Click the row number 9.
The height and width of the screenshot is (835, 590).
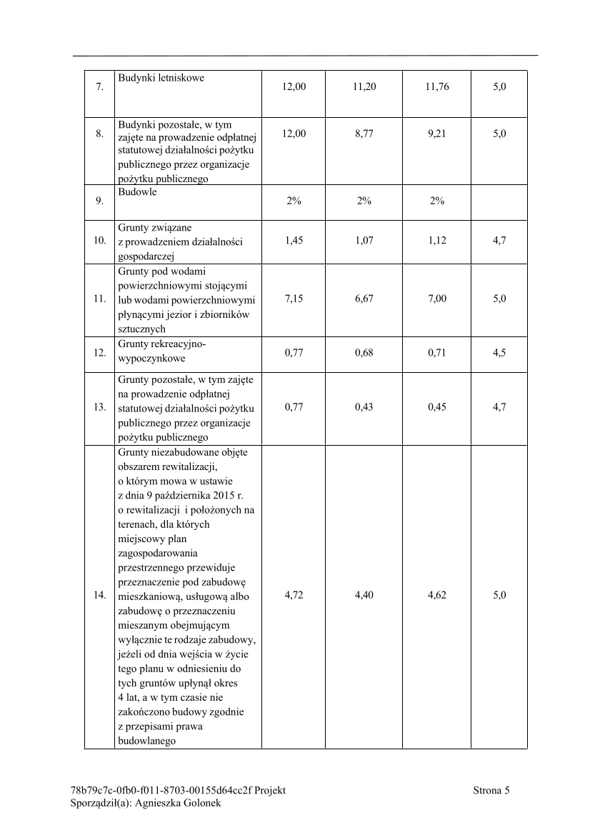[99, 201]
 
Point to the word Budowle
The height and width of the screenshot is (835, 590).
[137, 192]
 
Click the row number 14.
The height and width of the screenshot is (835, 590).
[99, 595]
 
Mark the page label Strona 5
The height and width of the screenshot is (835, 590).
[491, 790]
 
